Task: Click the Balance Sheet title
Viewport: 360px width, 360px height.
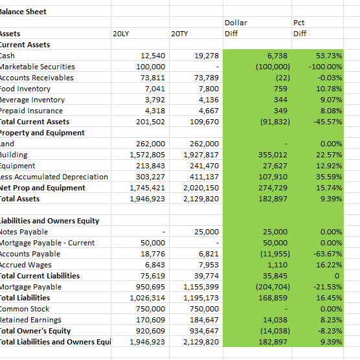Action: coord(23,12)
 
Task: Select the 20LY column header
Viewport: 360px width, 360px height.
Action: coord(121,34)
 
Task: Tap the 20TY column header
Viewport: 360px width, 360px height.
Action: coord(179,34)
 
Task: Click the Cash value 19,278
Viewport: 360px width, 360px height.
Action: coord(207,56)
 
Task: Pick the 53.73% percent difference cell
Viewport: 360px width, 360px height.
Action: coord(329,56)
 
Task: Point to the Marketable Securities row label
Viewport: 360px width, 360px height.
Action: coord(37,67)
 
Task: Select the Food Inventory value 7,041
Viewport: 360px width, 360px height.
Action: coord(155,89)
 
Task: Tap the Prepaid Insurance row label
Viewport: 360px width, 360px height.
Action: coord(31,111)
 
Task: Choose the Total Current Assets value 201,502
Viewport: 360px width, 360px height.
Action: coord(150,122)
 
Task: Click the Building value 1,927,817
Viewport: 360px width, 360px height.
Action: coord(201,155)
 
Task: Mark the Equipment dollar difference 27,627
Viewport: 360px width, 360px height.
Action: coord(275,166)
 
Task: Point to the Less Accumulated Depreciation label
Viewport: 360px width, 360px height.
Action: coord(54,177)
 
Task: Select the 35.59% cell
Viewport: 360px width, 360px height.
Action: coord(329,177)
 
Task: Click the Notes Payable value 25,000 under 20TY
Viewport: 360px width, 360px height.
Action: coord(207,232)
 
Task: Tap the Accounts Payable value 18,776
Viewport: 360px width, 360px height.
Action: coord(153,254)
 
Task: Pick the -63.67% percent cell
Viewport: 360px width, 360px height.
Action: coord(328,254)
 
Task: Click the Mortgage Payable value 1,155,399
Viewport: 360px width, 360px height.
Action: coord(201,287)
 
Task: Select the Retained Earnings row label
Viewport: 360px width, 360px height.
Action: coord(30,320)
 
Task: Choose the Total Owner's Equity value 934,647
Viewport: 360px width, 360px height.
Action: coord(204,331)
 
